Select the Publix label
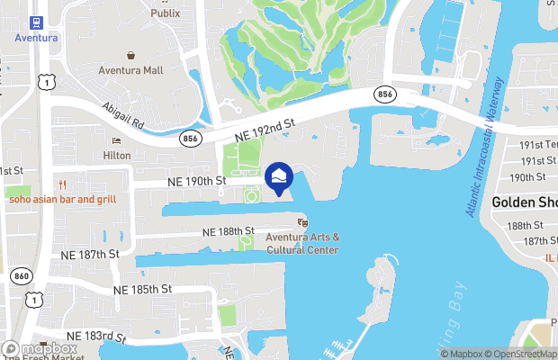pyautogui.click(x=165, y=13)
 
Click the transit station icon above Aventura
pyautogui.click(x=36, y=22)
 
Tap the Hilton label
pyautogui.click(x=116, y=155)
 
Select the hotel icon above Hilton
pyautogui.click(x=116, y=140)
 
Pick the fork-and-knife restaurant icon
pyautogui.click(x=63, y=184)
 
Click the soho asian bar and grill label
pyautogui.click(x=63, y=198)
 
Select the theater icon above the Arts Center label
pyautogui.click(x=302, y=221)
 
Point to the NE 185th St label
pyautogui.click(x=142, y=290)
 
